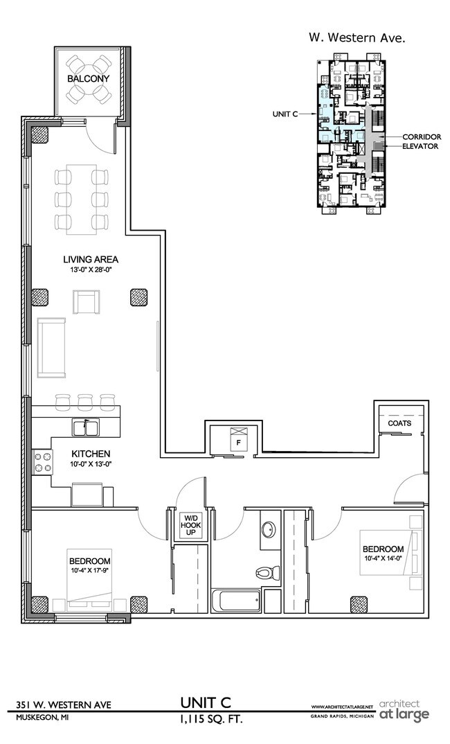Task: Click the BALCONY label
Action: [88, 79]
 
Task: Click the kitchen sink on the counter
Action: [86, 429]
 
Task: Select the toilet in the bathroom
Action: [266, 572]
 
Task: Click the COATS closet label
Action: [399, 423]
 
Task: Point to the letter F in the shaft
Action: [238, 442]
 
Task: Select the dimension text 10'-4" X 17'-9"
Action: [89, 572]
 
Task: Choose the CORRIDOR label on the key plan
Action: [422, 137]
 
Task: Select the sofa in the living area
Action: [51, 348]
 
